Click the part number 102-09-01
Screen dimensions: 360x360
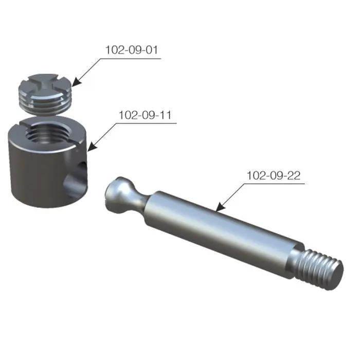tap(132, 50)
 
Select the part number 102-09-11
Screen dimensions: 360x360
tap(145, 115)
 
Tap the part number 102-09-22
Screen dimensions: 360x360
tap(274, 175)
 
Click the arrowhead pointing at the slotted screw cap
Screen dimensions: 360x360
tap(76, 83)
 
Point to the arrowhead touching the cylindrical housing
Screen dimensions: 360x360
tap(92, 147)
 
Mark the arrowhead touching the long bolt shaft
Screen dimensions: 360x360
tap(221, 207)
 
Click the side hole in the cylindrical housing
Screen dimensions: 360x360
tap(76, 179)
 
